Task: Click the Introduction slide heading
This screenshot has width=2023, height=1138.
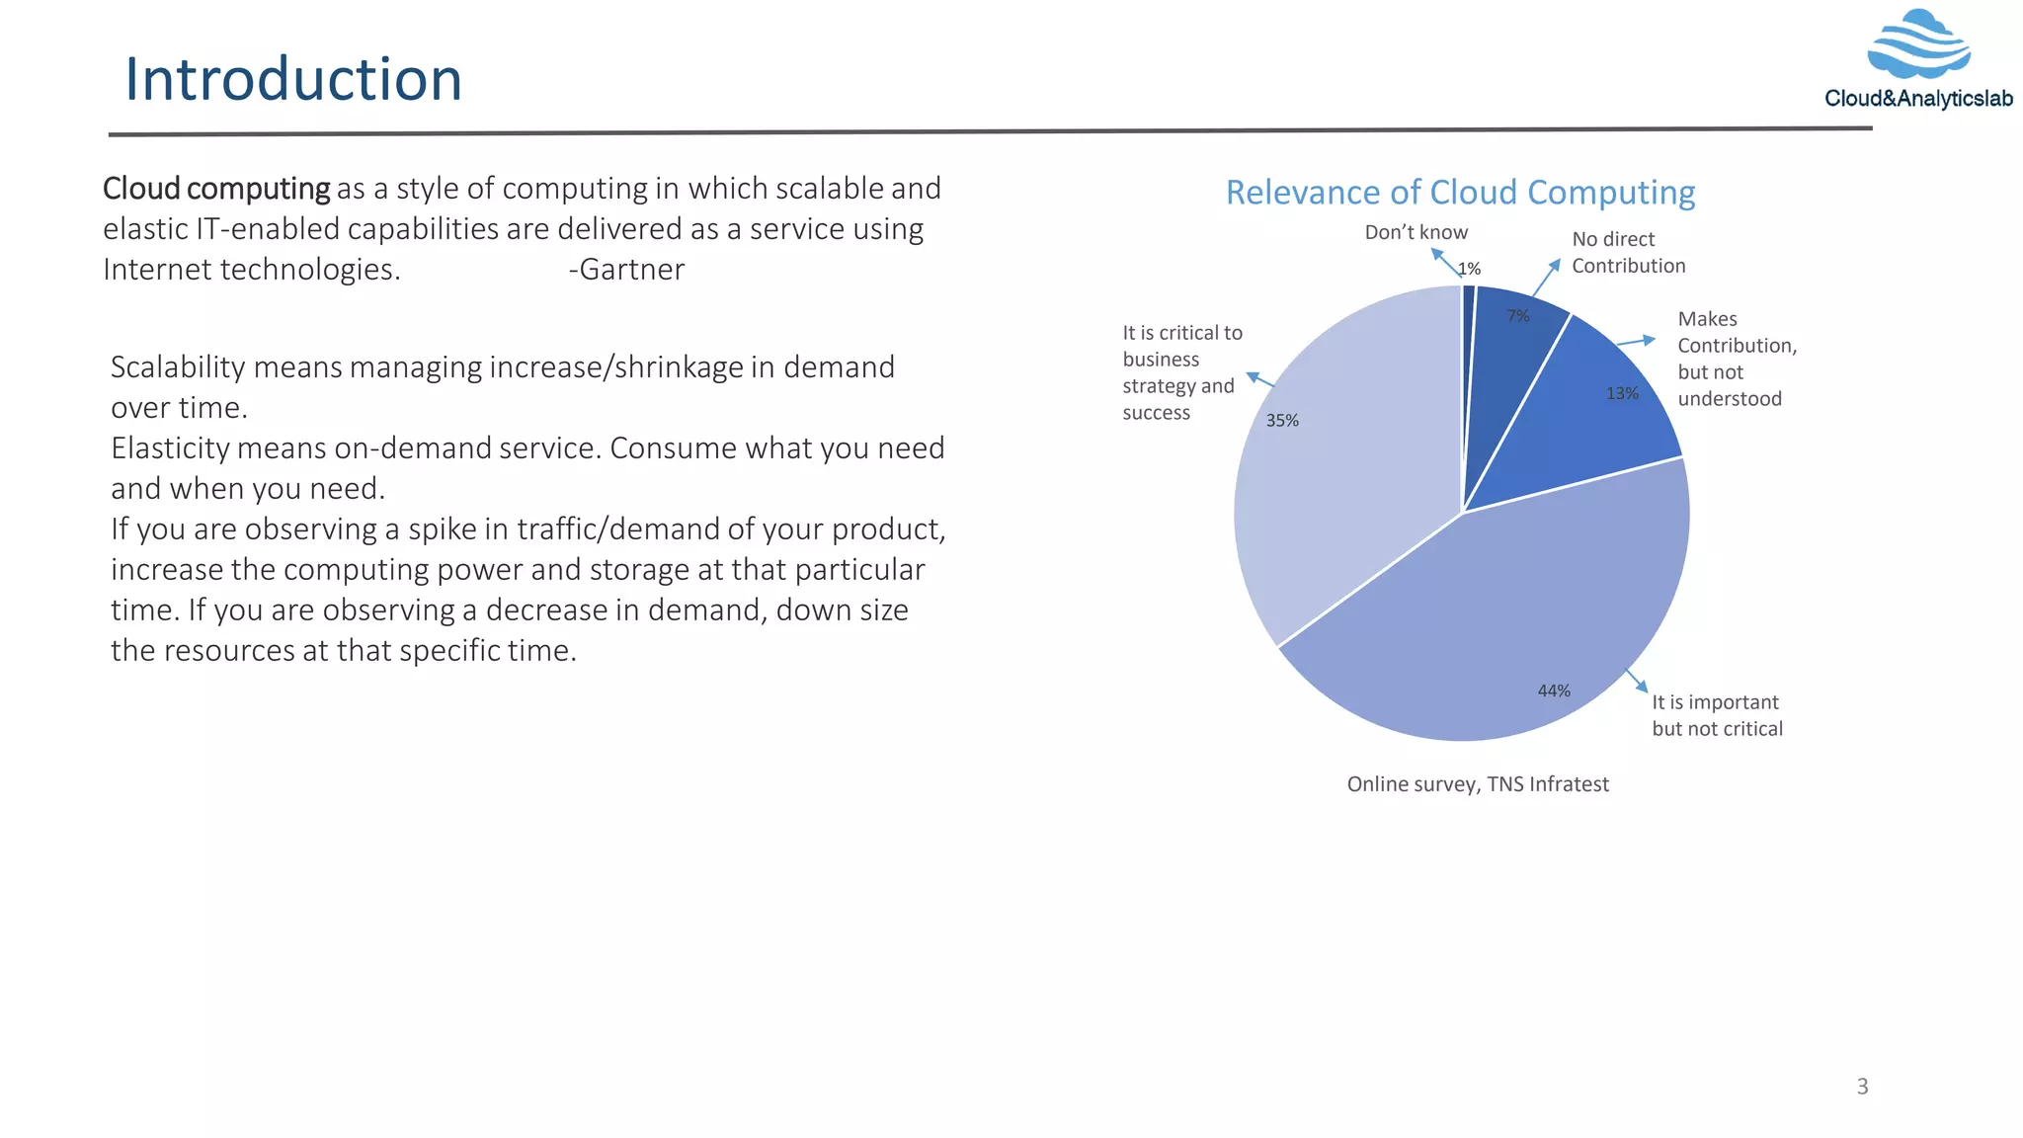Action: (x=293, y=79)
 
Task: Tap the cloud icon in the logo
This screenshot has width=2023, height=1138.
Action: (x=1918, y=45)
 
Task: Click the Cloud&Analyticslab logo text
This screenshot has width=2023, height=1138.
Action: (x=1918, y=99)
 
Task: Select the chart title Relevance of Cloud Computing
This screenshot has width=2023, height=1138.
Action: (x=1460, y=193)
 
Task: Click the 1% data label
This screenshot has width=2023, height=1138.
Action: (x=1470, y=269)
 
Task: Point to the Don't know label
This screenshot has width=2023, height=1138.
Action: (x=1416, y=232)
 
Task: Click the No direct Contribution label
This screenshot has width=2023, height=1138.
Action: (x=1628, y=252)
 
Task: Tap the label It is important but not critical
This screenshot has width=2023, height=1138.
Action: (x=1717, y=715)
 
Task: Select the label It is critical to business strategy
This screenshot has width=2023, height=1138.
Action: (x=1181, y=372)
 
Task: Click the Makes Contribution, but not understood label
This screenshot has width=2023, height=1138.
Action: (x=1736, y=359)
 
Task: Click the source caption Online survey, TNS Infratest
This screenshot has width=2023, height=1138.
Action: (x=1478, y=784)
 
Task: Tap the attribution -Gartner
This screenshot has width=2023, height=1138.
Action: (x=626, y=270)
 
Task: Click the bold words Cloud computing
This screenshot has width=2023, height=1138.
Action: (x=216, y=189)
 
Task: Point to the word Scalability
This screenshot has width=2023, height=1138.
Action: (x=178, y=367)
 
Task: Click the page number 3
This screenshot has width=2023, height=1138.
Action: (x=1862, y=1087)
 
